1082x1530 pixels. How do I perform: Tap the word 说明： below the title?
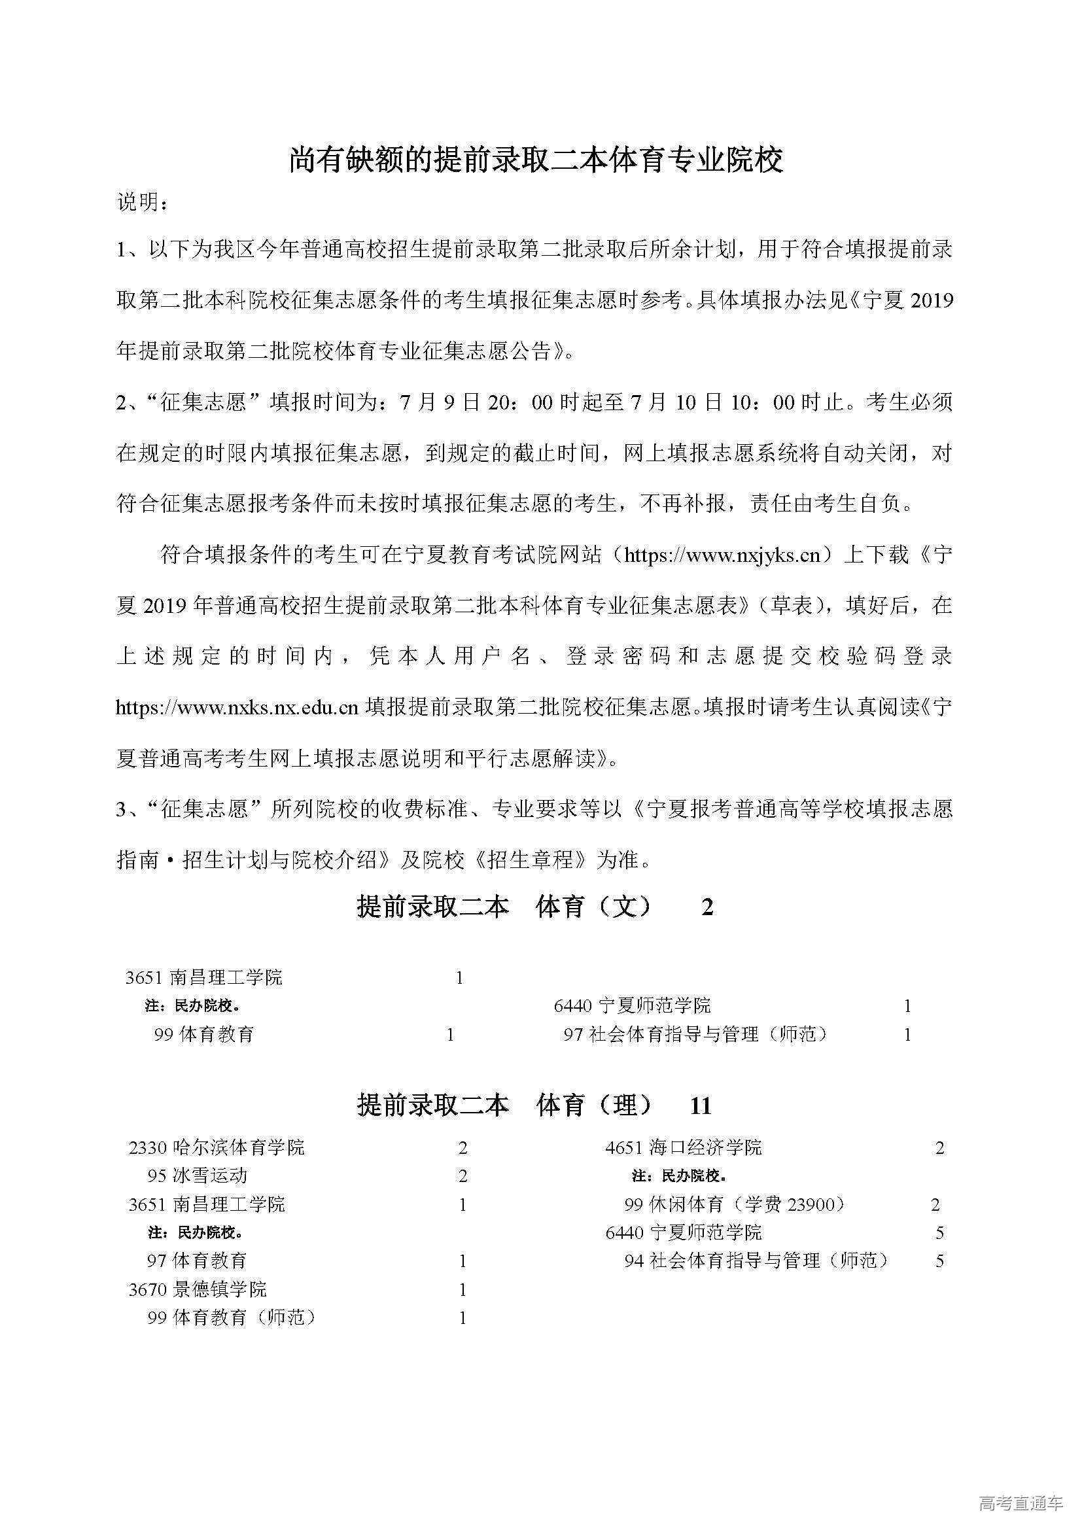pos(142,203)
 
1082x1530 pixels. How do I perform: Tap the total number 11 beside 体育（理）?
pos(701,1107)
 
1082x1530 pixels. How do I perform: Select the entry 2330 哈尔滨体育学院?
pos(217,1147)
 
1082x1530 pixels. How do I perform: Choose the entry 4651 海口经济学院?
pos(683,1147)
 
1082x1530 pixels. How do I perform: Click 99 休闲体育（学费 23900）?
pos(735,1204)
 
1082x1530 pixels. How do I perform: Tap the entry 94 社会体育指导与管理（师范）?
pos(756,1261)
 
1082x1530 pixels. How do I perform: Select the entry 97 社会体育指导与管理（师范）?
pos(695,1034)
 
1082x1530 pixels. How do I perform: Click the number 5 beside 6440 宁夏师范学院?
pos(939,1233)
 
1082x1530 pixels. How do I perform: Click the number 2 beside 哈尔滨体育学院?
pos(463,1147)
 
